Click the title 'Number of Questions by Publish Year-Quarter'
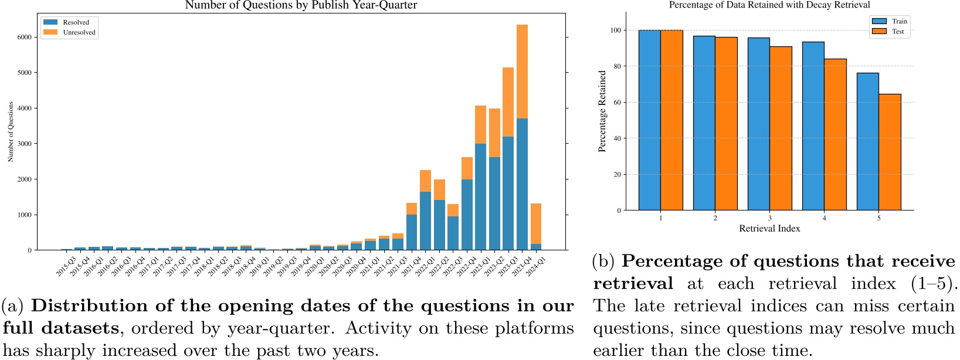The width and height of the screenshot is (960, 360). point(301,5)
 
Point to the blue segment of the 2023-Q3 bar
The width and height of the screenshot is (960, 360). point(508,193)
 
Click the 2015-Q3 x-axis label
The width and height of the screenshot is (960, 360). point(66,266)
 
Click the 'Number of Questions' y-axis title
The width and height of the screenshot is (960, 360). point(11,132)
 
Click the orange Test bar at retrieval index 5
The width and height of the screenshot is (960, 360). point(890,152)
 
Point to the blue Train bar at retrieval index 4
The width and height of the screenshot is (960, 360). point(813,126)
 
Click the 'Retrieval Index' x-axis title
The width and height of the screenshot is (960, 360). point(769,229)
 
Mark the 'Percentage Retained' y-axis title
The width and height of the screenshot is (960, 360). point(602,111)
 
